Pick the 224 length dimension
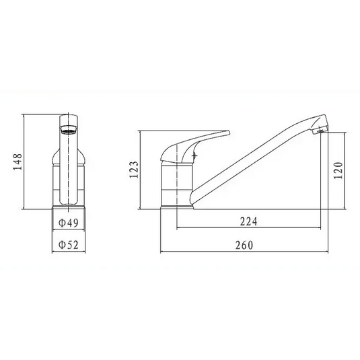pos(248,221)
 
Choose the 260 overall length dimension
pos(245,244)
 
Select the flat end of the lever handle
pos(227,134)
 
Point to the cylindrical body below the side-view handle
pos(176,185)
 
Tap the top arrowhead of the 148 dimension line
pos(24,115)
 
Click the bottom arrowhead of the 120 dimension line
pos(344,205)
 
